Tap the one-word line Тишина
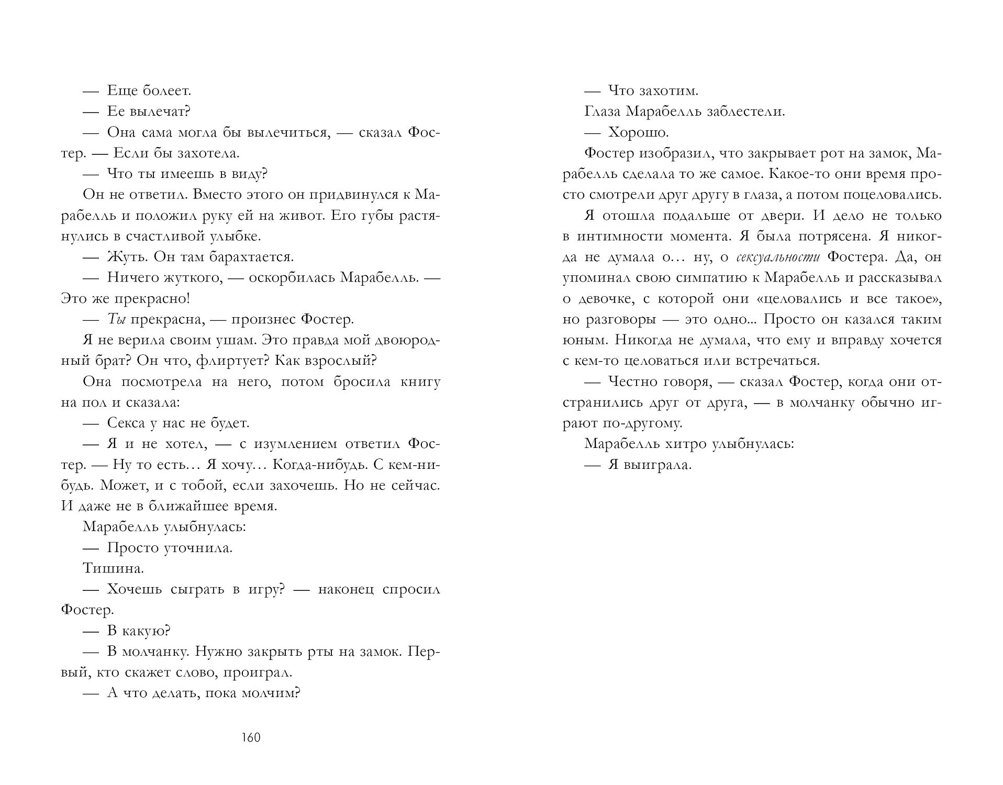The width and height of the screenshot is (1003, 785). (x=113, y=568)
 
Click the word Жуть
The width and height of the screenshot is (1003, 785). (x=126, y=257)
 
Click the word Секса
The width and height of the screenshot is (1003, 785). (x=129, y=423)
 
